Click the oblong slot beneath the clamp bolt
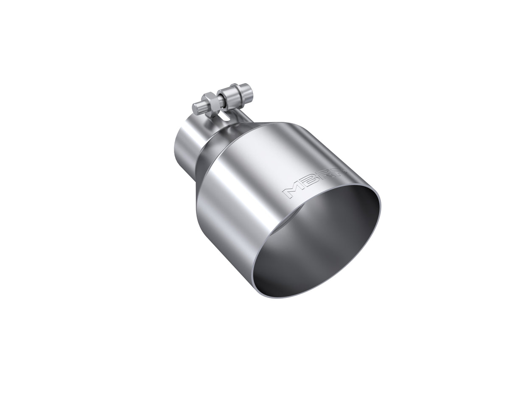[231, 119]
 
